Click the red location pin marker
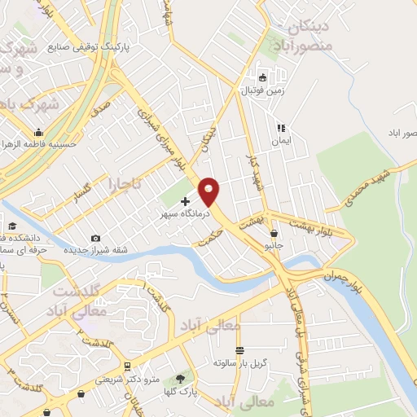click(209, 191)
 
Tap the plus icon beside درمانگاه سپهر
click(185, 201)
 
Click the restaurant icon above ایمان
click(281, 128)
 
